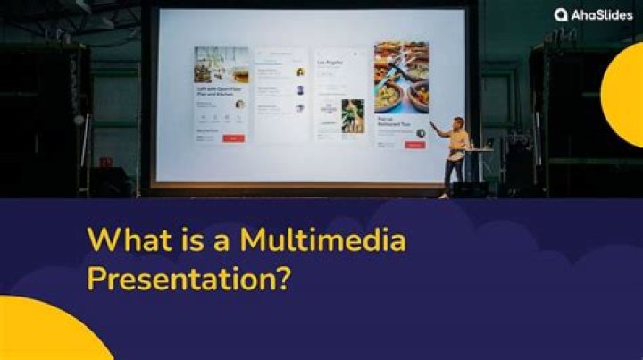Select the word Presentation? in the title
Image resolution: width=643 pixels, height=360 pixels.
pyautogui.click(x=188, y=278)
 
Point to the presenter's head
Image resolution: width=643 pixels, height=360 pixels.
pyautogui.click(x=458, y=122)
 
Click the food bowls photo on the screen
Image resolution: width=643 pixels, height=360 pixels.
pyautogui.click(x=401, y=78)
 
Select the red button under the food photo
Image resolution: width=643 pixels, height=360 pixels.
pyautogui.click(x=414, y=144)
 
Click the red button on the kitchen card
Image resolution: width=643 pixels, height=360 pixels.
pyautogui.click(x=233, y=138)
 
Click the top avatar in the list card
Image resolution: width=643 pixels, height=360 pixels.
pyautogui.click(x=300, y=71)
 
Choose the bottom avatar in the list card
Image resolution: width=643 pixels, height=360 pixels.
pyautogui.click(x=300, y=107)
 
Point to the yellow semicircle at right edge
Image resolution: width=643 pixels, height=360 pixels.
pyautogui.click(x=625, y=95)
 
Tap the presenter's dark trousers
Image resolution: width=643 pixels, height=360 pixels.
pyautogui.click(x=452, y=175)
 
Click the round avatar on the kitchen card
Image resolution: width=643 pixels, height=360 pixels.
pyautogui.click(x=239, y=104)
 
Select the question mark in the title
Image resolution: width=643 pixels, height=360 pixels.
pyautogui.click(x=283, y=278)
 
